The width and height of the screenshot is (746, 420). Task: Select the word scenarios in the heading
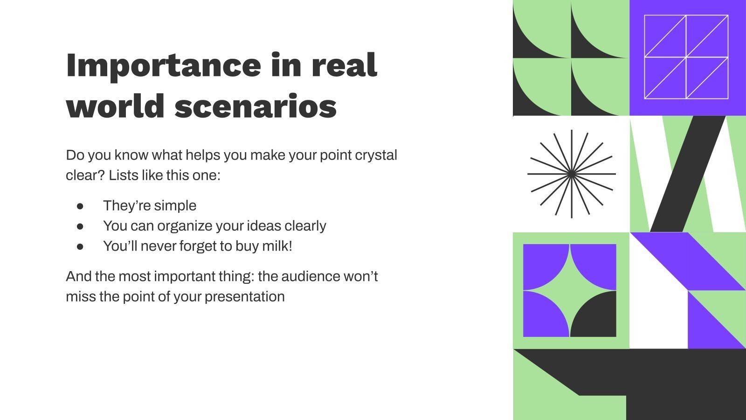click(x=256, y=105)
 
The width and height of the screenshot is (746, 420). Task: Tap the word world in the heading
click(x=115, y=105)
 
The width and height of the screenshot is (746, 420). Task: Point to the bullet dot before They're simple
click(x=80, y=206)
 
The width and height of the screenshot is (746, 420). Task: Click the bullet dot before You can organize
click(x=80, y=227)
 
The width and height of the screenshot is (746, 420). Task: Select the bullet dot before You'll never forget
click(x=80, y=247)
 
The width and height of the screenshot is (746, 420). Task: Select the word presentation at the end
click(x=245, y=297)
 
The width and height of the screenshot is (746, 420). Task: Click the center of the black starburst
click(x=572, y=174)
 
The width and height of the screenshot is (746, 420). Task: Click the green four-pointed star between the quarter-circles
click(x=570, y=290)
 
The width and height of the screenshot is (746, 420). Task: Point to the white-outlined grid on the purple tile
click(x=686, y=57)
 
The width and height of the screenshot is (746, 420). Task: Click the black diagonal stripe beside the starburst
click(x=687, y=174)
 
